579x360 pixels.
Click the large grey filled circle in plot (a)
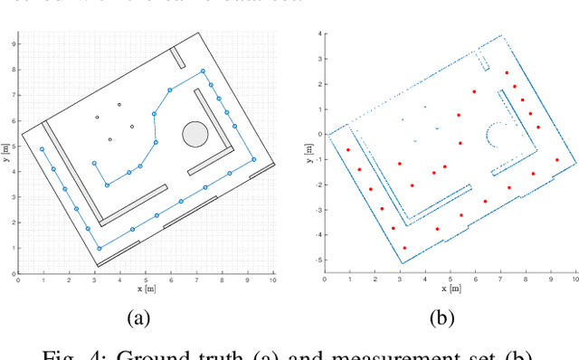point(195,135)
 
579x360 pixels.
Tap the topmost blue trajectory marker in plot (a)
point(203,71)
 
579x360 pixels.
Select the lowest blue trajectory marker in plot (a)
point(100,248)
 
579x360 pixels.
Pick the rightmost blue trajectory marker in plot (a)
point(253,159)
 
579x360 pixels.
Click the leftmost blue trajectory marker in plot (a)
point(42,149)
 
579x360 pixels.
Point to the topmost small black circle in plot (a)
point(119,104)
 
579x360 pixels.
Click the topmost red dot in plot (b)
point(507,73)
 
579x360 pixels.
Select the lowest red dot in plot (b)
point(404,247)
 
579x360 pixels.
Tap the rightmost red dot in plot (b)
point(557,160)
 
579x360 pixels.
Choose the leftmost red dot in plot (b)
point(347,150)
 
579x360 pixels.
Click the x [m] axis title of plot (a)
point(146,289)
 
